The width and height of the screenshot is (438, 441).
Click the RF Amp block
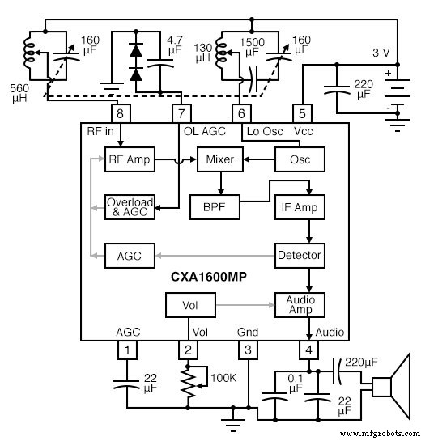coord(125,159)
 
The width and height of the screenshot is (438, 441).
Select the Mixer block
coord(219,159)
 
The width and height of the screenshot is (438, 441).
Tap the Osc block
coord(300,159)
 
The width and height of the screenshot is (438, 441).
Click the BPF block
coord(213,207)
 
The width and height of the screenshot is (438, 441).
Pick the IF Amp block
coord(300,207)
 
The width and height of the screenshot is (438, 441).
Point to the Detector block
coord(300,255)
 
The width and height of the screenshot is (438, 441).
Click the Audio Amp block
coord(300,305)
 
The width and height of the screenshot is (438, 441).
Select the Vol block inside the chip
coord(190,305)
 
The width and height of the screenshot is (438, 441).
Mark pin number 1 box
coord(127,350)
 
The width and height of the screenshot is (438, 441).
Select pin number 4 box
coord(308,350)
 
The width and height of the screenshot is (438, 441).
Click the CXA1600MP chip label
coord(208,276)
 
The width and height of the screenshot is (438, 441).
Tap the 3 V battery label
coord(381,53)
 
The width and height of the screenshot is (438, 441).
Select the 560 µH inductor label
coord(19,92)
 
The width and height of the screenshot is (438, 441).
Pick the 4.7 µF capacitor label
coord(175,45)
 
